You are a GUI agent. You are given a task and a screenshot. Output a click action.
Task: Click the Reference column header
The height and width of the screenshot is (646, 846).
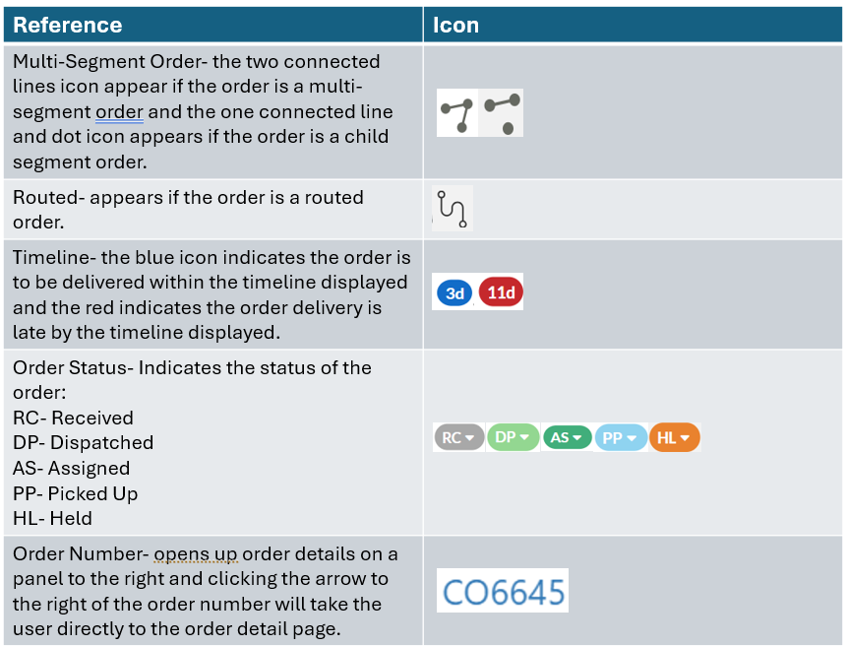point(68,25)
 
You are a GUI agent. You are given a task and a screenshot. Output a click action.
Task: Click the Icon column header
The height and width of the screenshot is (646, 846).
point(455,25)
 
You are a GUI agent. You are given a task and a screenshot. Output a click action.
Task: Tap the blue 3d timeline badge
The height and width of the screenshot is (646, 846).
point(453,293)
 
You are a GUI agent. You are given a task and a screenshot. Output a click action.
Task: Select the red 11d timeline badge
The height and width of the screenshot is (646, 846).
point(501,293)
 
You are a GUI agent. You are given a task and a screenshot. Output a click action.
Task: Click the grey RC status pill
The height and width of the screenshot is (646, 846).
point(458,437)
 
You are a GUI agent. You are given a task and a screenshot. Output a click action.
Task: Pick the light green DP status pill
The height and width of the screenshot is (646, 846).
point(513,436)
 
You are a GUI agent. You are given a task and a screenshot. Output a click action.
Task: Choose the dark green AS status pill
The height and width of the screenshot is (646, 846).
point(567,437)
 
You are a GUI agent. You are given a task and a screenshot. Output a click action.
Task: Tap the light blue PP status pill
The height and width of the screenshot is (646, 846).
point(621,437)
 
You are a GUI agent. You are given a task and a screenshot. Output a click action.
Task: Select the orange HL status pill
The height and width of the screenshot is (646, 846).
point(675,437)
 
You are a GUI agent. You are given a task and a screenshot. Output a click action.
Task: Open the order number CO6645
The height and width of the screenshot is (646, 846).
point(504,592)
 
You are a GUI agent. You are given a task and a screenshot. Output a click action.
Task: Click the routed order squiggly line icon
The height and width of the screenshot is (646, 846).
point(453,208)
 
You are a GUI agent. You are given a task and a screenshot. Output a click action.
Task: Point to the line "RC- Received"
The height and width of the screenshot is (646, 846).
point(73,418)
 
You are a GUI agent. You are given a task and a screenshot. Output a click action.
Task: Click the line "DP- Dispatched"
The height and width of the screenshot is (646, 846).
point(84,443)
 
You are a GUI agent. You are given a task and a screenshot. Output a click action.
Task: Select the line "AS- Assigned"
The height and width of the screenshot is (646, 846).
point(72,469)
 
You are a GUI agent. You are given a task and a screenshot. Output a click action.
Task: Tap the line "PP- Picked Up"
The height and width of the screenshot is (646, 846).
point(76,493)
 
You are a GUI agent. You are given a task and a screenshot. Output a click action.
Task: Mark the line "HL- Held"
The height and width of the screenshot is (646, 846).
point(52,519)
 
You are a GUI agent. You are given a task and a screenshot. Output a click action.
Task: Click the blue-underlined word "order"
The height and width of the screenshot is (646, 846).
point(119,111)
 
